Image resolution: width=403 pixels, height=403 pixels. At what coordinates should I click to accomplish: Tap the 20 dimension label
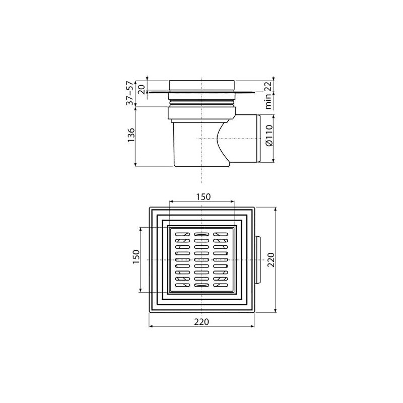click(x=142, y=89)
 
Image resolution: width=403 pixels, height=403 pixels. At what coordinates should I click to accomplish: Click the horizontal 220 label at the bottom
click(x=202, y=321)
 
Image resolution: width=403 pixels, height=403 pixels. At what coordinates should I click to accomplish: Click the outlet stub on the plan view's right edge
click(x=258, y=259)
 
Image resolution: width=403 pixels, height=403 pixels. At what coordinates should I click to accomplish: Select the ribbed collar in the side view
click(x=202, y=103)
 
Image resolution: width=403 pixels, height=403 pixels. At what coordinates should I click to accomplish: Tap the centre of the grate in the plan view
click(x=201, y=259)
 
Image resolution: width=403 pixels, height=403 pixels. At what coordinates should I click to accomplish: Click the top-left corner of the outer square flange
click(x=150, y=207)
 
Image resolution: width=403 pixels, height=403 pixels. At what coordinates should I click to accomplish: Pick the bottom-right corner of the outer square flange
click(x=255, y=312)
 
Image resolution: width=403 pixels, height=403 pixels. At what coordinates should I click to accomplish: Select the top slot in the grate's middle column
click(x=201, y=235)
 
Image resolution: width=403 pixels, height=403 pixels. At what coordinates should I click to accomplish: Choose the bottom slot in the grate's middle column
click(x=201, y=285)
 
